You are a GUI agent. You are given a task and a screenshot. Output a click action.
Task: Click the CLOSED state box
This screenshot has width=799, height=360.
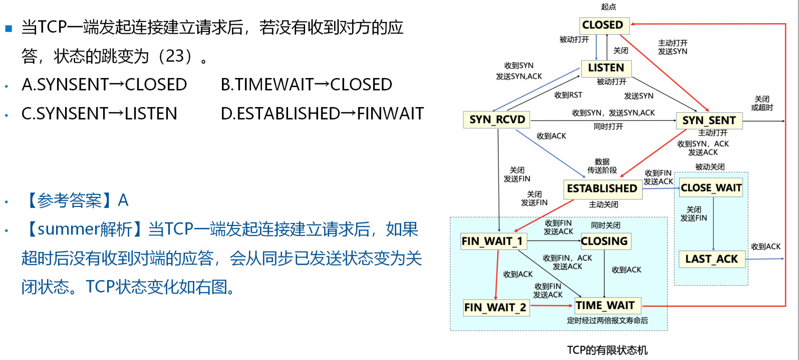click(x=604, y=25)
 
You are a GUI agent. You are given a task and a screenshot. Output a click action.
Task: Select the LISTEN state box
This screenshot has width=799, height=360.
click(x=606, y=68)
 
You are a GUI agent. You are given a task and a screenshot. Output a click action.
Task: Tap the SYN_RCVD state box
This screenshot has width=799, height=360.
click(x=497, y=119)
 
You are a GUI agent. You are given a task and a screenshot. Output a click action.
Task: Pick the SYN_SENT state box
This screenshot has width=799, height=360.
click(x=709, y=121)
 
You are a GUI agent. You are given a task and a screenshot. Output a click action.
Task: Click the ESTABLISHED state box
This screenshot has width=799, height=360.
click(x=603, y=189)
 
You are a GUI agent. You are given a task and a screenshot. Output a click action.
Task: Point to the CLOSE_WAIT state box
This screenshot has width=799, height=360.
click(x=711, y=188)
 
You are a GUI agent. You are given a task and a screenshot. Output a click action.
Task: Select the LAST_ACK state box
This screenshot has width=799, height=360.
click(x=712, y=259)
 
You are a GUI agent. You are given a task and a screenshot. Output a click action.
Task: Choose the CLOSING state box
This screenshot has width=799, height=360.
click(x=606, y=241)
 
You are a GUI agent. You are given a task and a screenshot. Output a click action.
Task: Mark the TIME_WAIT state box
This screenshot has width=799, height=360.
click(x=608, y=306)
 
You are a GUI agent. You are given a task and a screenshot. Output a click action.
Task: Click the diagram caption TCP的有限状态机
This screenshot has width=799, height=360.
click(x=607, y=350)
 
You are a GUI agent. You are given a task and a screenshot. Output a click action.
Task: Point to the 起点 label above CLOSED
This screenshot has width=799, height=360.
click(x=608, y=7)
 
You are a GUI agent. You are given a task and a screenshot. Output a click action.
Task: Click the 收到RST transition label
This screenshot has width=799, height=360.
click(x=568, y=95)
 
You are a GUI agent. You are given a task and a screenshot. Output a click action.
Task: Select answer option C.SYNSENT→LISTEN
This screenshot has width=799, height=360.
click(x=99, y=114)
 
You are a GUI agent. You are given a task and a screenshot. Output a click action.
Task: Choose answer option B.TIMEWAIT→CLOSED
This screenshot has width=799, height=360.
click(x=307, y=85)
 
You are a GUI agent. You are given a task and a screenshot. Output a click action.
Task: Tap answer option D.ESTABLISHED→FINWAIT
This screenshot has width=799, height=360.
click(x=322, y=114)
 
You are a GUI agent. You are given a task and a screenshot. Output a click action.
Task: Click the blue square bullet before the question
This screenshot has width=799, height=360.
click(x=9, y=28)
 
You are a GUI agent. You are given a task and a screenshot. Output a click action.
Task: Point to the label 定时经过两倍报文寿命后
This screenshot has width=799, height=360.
click(x=607, y=321)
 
